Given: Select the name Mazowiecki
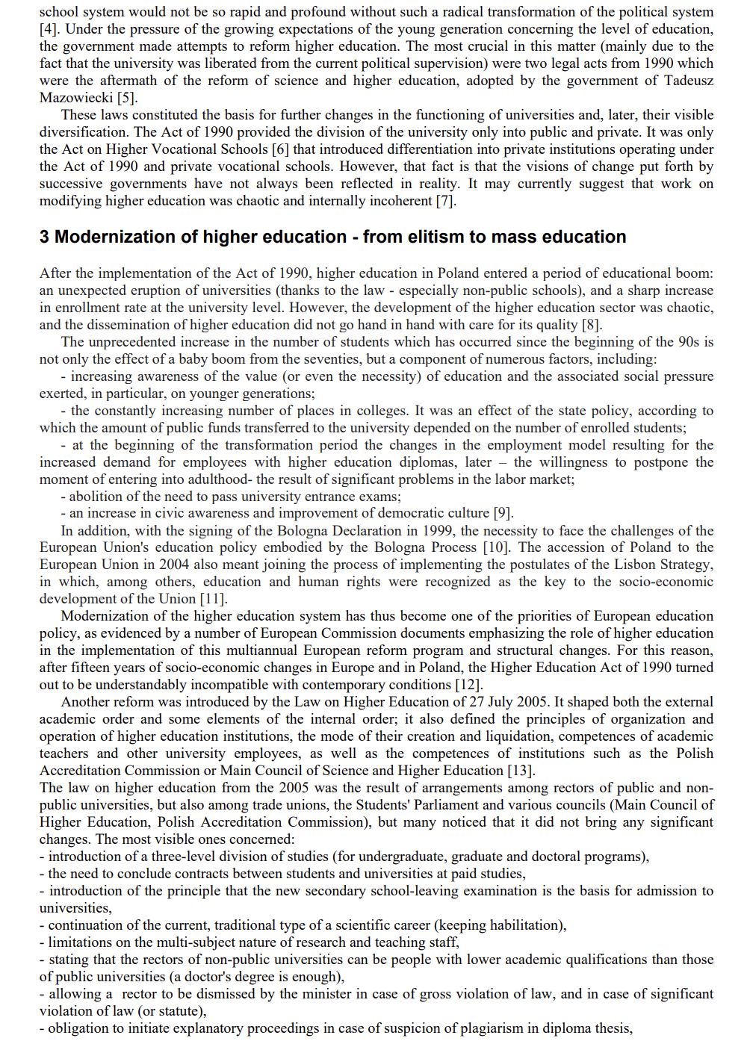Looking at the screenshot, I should point(75,98).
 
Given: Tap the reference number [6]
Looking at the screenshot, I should point(280,149).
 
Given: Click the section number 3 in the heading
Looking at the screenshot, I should point(45,237).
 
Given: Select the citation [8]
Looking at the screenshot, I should point(591,325).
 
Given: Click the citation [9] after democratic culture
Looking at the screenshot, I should point(503,513).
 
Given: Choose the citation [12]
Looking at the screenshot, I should point(468,685).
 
